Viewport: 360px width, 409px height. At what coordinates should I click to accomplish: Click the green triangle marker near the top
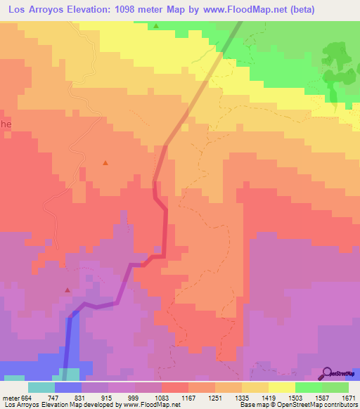(x=156, y=27)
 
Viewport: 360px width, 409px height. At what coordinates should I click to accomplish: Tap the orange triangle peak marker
(x=105, y=163)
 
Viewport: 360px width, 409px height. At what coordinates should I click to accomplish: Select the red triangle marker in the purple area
(x=67, y=290)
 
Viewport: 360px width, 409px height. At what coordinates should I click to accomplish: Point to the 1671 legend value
(x=349, y=397)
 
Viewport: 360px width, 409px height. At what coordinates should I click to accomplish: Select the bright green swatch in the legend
(x=308, y=387)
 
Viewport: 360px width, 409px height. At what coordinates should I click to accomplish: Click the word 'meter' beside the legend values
(x=9, y=397)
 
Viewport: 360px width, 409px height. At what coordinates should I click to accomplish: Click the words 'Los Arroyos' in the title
(x=36, y=10)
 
